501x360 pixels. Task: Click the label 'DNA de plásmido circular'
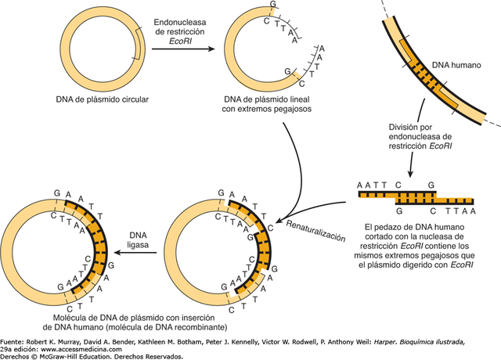102,99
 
